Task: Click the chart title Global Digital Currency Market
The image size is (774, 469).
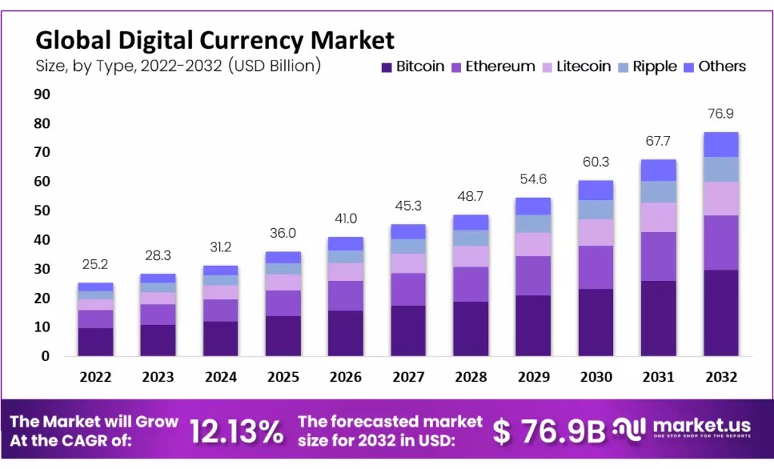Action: point(215,39)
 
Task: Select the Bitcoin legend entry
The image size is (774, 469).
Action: point(413,66)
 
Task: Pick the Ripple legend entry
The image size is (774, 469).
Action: point(648,66)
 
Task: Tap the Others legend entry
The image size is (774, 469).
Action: point(714,66)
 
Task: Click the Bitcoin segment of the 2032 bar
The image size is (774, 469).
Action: point(720,313)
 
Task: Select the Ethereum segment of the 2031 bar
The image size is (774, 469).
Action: point(658,256)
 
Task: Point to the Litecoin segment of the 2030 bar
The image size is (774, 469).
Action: point(596,232)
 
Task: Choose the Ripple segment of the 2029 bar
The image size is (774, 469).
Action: point(534,224)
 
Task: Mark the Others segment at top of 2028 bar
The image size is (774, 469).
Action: point(471,222)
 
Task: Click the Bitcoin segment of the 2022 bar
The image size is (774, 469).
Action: point(96,341)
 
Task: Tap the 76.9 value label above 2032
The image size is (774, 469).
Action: point(720,114)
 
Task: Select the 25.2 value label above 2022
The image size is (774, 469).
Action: point(96,265)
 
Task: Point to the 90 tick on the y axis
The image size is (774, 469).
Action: point(41,94)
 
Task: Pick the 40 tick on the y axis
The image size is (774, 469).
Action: point(41,240)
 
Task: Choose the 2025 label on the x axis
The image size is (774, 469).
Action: point(284,377)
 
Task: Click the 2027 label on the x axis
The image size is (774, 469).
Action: point(409,377)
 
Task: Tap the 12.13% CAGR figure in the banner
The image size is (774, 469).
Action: point(237,431)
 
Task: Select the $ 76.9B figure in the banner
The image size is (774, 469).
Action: point(550,431)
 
